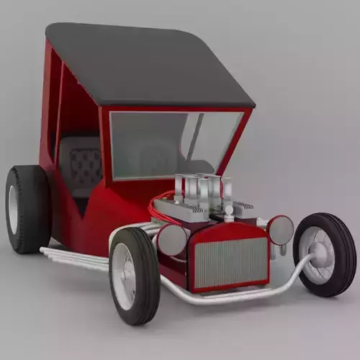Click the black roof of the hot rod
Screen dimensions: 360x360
144,65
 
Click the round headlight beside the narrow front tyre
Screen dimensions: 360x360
280,230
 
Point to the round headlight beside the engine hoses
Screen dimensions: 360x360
173,240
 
